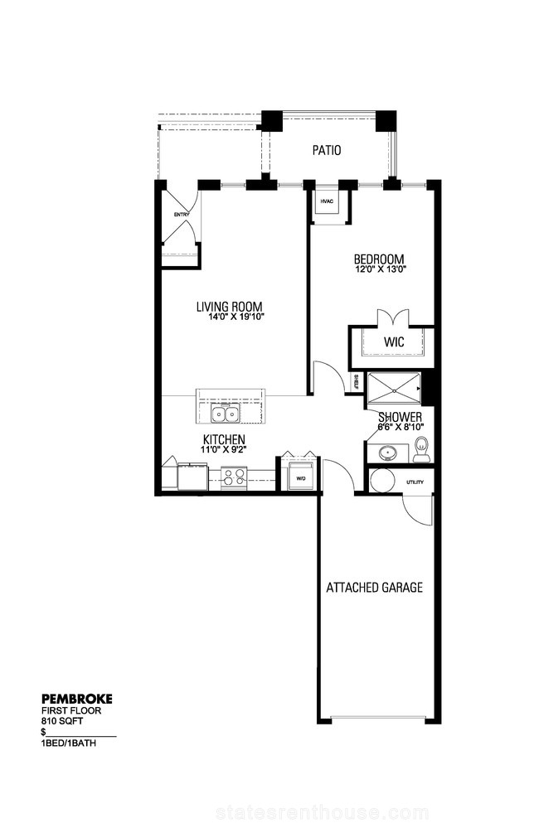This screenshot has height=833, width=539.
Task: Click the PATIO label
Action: [x=327, y=150]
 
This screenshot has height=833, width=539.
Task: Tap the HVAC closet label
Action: [x=327, y=201]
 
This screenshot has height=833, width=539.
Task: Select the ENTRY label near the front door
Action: [x=182, y=215]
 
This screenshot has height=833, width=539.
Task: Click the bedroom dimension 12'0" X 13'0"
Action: [x=379, y=269]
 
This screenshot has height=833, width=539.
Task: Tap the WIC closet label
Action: [x=394, y=341]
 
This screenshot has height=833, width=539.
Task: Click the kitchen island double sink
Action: [x=226, y=414]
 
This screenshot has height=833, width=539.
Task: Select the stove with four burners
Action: [x=234, y=476]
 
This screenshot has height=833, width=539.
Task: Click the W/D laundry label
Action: [x=301, y=478]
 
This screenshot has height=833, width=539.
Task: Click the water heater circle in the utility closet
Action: [x=381, y=480]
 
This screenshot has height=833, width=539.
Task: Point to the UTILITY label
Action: [x=415, y=482]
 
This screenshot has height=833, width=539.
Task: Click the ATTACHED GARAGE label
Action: [x=375, y=588]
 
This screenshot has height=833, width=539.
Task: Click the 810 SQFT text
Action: [x=62, y=721]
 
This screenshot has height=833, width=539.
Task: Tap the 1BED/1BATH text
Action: [x=69, y=743]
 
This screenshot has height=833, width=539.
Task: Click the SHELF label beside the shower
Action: [x=356, y=382]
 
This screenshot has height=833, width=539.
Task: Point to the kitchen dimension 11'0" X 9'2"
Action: [x=224, y=449]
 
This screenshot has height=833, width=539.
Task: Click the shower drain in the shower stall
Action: [x=395, y=390]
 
